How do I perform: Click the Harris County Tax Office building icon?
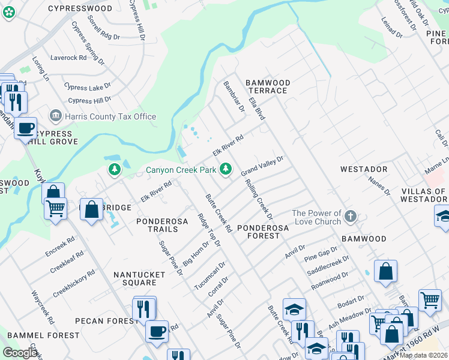[x=56, y=115]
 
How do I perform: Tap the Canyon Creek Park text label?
[x=181, y=170]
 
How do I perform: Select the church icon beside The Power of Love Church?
[x=351, y=216]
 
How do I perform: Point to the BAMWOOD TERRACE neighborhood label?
[x=268, y=86]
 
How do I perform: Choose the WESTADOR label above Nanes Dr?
[x=364, y=170]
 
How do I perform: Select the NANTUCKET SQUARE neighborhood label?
[x=139, y=278]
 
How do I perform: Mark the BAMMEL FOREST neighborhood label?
[x=43, y=335]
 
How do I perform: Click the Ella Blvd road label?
[x=257, y=105]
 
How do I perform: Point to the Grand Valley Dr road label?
[x=262, y=166]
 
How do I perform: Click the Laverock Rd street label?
[x=69, y=58]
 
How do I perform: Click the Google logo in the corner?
[x=20, y=353]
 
